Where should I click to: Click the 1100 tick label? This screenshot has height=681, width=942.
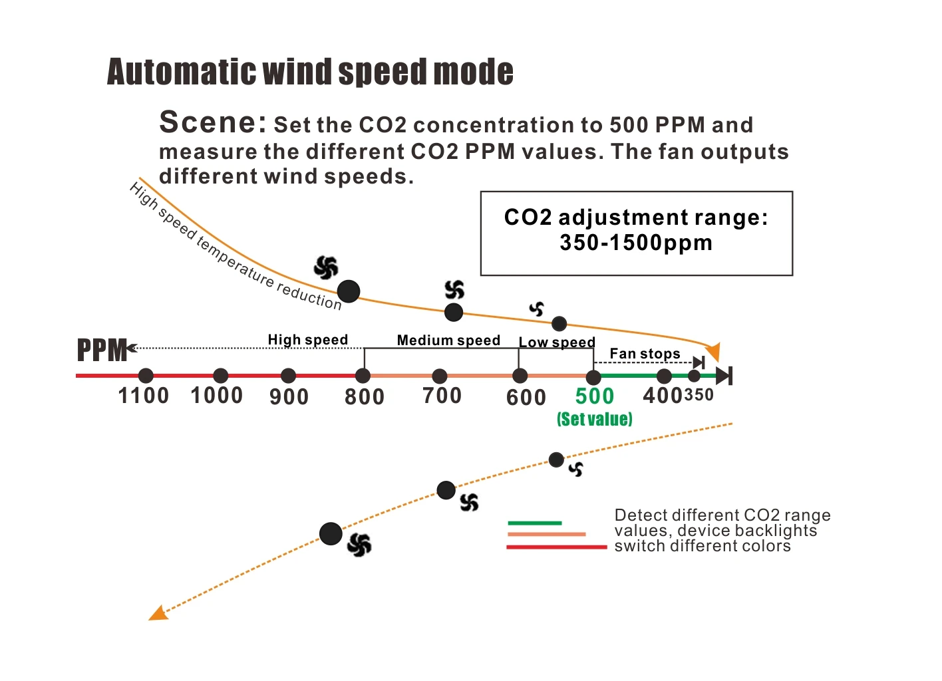point(143,396)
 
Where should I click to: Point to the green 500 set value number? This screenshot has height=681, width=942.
point(594,396)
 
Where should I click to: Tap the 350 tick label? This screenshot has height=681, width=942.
point(699,395)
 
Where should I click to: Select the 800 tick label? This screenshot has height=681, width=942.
point(364,397)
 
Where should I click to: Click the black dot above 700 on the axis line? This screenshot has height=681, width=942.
point(440,376)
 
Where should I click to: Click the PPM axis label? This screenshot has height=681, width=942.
point(102,350)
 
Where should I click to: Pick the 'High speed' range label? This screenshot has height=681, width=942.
point(307,340)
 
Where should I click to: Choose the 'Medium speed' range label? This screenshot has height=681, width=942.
point(448,340)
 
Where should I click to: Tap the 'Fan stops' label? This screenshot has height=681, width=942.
point(645,354)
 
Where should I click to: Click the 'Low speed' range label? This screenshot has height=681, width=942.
point(557,342)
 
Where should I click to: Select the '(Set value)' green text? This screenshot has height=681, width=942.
point(594,419)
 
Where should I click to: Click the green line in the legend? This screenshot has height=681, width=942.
point(534,523)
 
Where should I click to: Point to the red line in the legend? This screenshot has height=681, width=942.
point(556,547)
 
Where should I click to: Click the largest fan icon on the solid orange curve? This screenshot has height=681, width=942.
point(326,267)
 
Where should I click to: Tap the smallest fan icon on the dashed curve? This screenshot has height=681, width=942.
point(576,469)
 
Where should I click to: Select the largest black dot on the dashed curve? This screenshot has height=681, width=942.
point(331,533)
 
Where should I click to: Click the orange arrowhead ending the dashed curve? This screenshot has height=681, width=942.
point(157,613)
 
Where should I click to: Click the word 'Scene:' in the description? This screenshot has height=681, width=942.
point(212,122)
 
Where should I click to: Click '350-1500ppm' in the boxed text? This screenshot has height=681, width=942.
point(636,243)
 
